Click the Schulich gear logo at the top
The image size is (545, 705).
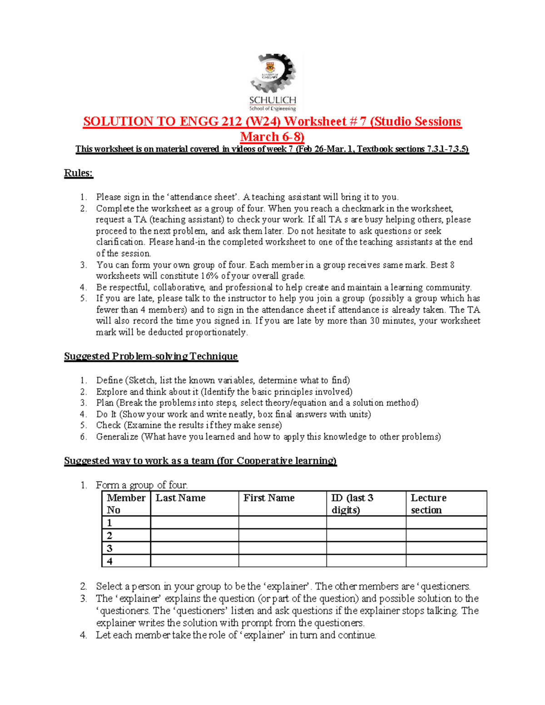tap(272, 82)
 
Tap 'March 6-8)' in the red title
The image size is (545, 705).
tap(272, 137)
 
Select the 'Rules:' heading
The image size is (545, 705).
tap(79, 173)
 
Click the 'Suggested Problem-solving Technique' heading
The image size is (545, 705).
tap(151, 356)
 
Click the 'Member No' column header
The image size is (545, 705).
tap(126, 503)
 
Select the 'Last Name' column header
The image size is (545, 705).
tap(180, 498)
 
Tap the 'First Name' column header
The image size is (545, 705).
tap(269, 498)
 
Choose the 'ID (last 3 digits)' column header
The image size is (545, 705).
tap(352, 503)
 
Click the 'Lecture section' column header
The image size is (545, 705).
tap(428, 503)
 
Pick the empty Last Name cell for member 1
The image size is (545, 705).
tap(194, 523)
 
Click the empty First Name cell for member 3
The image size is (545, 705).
tap(282, 548)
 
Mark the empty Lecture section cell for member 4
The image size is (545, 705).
tap(446, 561)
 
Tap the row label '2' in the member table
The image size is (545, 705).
tap(109, 535)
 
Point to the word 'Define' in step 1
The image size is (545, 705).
tap(109, 380)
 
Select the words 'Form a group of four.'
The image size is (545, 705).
tap(142, 485)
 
